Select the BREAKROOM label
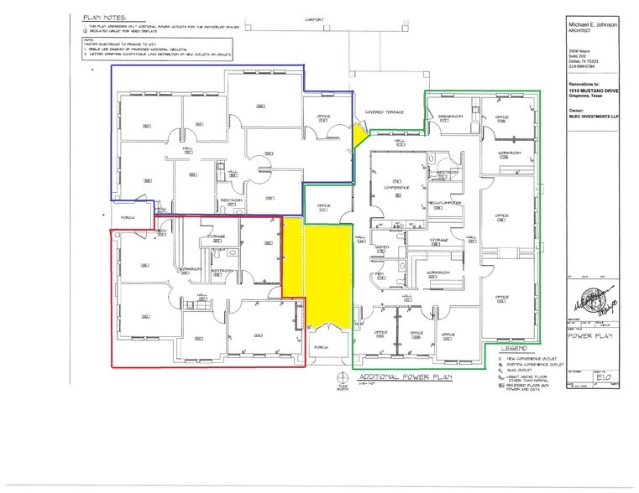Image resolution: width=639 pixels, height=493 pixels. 451,117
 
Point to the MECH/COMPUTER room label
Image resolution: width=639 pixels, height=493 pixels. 441,204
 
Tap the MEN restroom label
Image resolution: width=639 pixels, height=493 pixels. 380,273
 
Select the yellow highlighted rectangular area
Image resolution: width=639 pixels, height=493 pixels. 327,272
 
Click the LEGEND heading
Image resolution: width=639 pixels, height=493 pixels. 514,347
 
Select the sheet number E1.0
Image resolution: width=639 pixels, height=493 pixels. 597,377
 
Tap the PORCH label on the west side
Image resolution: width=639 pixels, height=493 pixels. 128,216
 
